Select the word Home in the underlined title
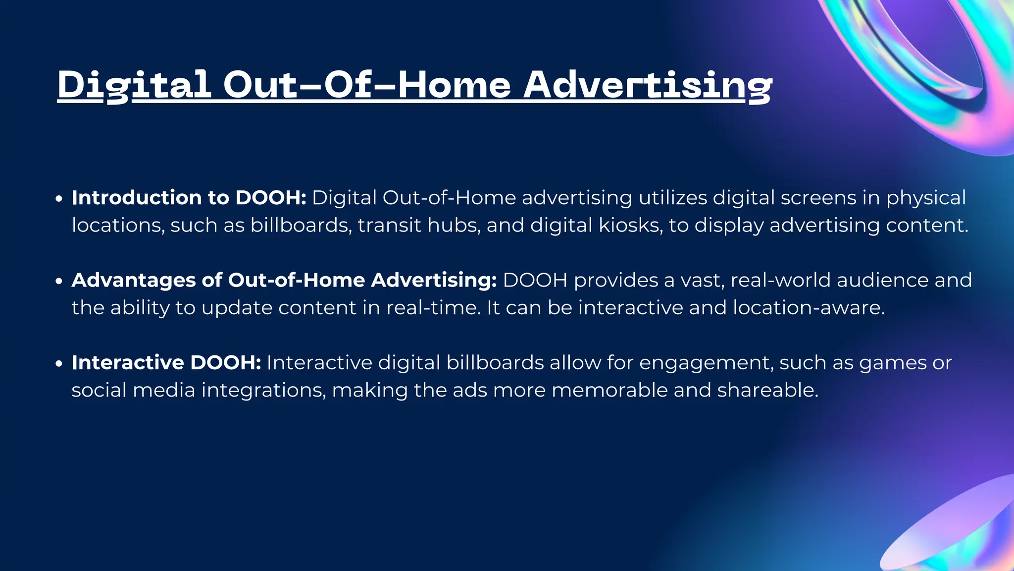[x=454, y=85]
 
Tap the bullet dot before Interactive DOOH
[x=59, y=364]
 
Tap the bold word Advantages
[x=134, y=281]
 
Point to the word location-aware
[x=808, y=308]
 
